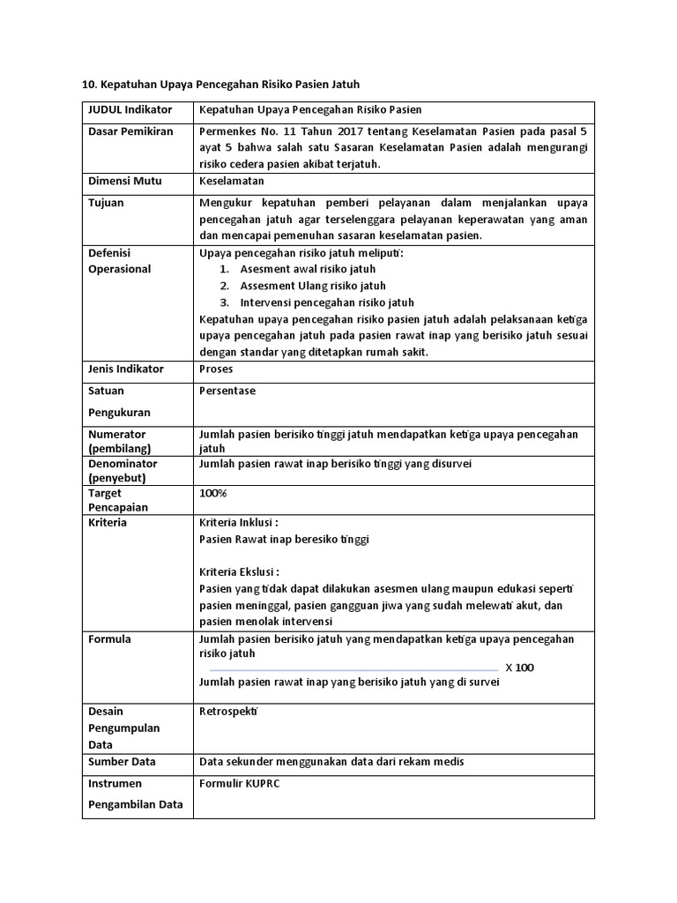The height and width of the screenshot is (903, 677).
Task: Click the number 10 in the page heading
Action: pyautogui.click(x=87, y=85)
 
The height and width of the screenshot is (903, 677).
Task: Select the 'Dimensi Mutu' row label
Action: pyautogui.click(x=123, y=181)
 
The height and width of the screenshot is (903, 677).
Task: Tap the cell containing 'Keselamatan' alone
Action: pyautogui.click(x=232, y=181)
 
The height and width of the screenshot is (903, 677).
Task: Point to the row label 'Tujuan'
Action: pyautogui.click(x=106, y=203)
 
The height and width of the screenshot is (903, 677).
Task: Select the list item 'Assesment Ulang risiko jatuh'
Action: pyautogui.click(x=313, y=286)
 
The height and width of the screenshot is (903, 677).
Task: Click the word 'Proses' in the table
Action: pyautogui.click(x=217, y=369)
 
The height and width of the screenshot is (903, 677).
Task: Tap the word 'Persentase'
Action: pyautogui.click(x=227, y=391)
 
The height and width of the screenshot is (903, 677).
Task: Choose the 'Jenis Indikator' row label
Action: pyautogui.click(x=126, y=369)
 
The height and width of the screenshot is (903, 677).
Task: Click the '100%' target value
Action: pyautogui.click(x=213, y=493)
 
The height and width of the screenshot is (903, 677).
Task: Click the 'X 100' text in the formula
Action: pyautogui.click(x=519, y=668)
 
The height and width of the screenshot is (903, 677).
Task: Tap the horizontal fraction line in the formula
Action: pyautogui.click(x=353, y=669)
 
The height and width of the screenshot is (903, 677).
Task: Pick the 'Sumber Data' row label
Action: pyautogui.click(x=122, y=761)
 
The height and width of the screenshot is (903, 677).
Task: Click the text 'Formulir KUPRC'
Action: pyautogui.click(x=239, y=783)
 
